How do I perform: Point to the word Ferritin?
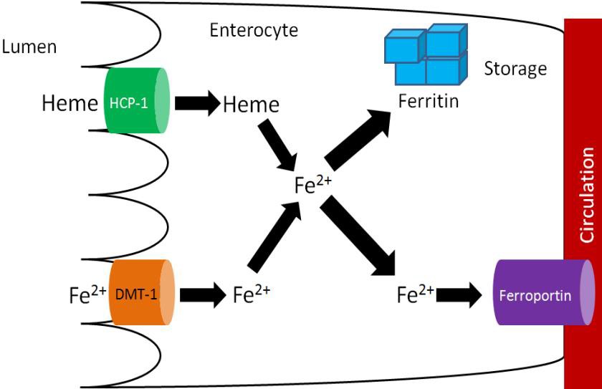429,101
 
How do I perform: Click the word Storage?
515,69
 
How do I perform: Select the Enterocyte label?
254,31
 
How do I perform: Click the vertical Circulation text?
586,196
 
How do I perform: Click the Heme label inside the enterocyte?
251,105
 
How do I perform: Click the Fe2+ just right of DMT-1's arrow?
252,294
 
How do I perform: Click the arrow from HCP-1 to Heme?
199,105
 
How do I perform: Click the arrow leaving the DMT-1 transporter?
203,294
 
